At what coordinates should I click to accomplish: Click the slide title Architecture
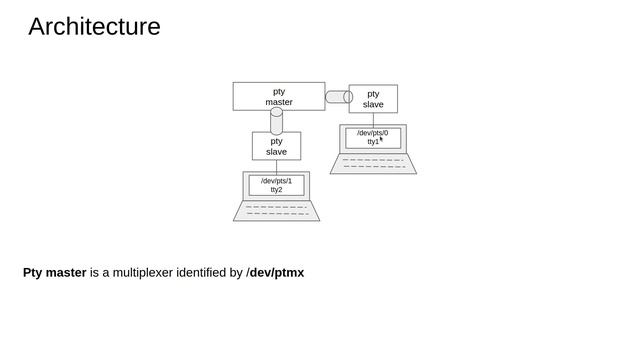pos(94,27)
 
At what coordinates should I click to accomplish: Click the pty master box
pos(279,96)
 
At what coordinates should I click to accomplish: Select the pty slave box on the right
pos(373,99)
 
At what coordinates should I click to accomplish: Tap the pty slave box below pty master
pos(276,146)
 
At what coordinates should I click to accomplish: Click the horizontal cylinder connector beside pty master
pos(338,97)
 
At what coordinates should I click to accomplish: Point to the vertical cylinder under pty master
pos(277,121)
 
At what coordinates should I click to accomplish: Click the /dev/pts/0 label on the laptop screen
pos(372,133)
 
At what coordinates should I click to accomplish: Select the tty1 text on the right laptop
pos(372,142)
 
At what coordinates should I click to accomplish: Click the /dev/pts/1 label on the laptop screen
pos(276,181)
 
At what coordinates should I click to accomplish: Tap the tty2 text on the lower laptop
pos(276,190)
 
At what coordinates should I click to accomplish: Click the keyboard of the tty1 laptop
pos(373,163)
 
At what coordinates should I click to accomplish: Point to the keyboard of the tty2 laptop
pos(277,210)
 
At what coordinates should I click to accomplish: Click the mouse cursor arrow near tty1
pos(381,140)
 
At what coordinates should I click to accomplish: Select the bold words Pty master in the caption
pos(55,272)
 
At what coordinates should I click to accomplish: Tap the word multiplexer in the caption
pos(138,272)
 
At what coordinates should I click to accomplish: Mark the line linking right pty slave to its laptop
pos(373,119)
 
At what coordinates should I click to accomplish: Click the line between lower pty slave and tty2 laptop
pos(276,166)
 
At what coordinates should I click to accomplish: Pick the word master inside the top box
pos(279,102)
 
